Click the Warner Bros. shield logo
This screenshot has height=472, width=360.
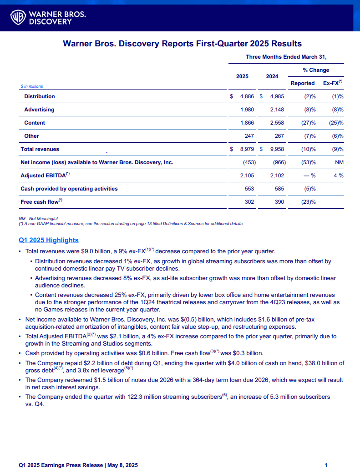click(x=18, y=17)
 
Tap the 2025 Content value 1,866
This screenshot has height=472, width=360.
click(x=247, y=123)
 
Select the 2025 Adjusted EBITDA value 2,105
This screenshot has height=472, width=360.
click(x=247, y=176)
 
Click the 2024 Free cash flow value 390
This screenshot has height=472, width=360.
click(x=279, y=202)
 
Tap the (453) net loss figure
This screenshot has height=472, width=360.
click(x=248, y=162)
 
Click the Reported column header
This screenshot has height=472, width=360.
click(x=303, y=83)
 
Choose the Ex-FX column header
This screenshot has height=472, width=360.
click(x=333, y=83)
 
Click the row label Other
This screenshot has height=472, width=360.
click(x=31, y=136)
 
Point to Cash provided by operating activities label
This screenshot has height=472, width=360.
click(x=69, y=189)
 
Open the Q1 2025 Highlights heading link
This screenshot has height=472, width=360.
click(x=49, y=240)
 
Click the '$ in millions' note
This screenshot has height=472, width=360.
click(x=32, y=86)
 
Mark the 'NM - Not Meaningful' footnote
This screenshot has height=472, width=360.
click(x=38, y=219)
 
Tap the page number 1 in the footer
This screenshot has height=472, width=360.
click(x=326, y=465)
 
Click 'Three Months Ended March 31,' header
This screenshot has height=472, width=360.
click(x=286, y=57)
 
